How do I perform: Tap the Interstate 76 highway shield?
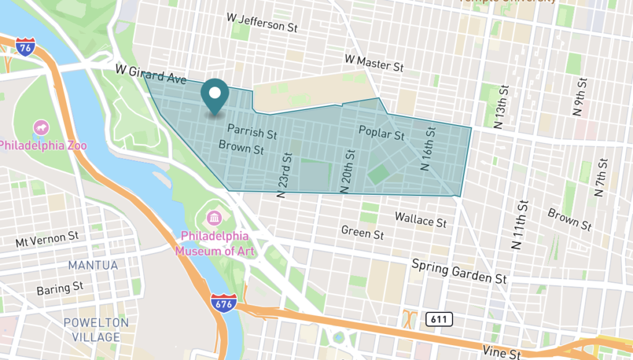(25, 46)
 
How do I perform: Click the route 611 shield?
(439, 319)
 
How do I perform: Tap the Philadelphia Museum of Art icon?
(215, 218)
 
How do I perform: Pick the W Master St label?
(373, 62)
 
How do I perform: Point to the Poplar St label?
(381, 132)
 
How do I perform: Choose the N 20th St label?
(350, 170)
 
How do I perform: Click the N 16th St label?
(428, 148)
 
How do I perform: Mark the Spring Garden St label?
(459, 271)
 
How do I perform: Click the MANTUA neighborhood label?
(93, 265)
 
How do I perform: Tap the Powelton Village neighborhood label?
(96, 330)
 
